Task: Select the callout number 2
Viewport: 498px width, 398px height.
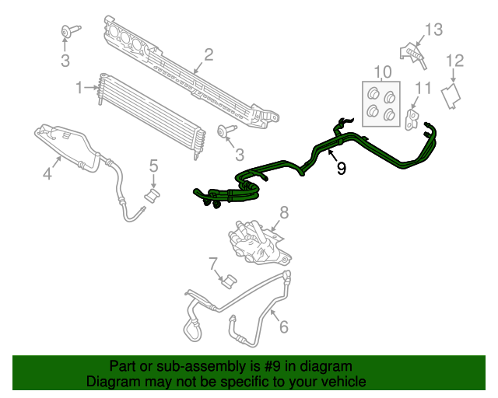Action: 209,54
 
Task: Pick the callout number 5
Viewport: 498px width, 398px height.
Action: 153,165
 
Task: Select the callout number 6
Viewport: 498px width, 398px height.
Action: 283,326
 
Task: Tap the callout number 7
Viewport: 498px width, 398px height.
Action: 212,266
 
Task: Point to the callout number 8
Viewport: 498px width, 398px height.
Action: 283,211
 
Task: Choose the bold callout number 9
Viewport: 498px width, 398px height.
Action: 341,167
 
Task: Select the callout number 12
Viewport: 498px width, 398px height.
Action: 454,60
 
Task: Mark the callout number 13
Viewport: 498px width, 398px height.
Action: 433,30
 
